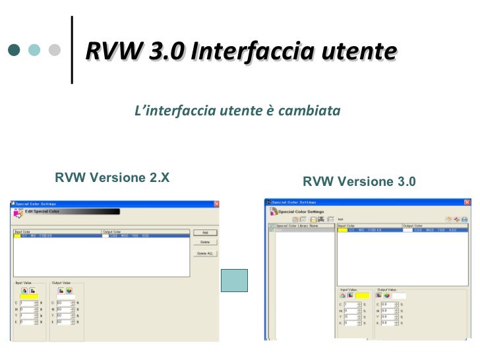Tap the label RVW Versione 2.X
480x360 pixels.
pos(112,177)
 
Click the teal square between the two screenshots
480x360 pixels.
pos(234,280)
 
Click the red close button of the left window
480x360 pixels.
pos(216,204)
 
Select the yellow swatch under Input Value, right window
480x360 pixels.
pos(363,295)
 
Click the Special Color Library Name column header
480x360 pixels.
pos(297,225)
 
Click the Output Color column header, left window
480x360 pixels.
pos(112,231)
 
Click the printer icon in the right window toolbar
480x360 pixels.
pos(464,219)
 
